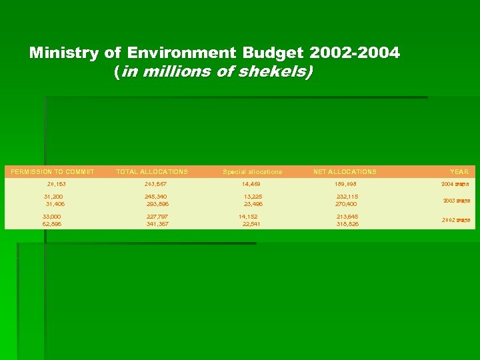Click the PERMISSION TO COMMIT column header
[x=53, y=172]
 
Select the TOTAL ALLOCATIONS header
[x=152, y=172]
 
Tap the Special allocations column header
[x=253, y=172]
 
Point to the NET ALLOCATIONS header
[x=345, y=172]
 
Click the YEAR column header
[x=459, y=172]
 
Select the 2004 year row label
[x=455, y=184]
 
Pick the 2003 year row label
[x=457, y=201]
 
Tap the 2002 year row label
[x=455, y=220]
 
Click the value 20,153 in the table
[x=57, y=184]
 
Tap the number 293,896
[x=159, y=205]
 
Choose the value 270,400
[x=347, y=205]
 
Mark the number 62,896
[x=53, y=224]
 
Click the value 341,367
[x=158, y=224]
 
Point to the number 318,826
[x=347, y=224]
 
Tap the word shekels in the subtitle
[x=275, y=71]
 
